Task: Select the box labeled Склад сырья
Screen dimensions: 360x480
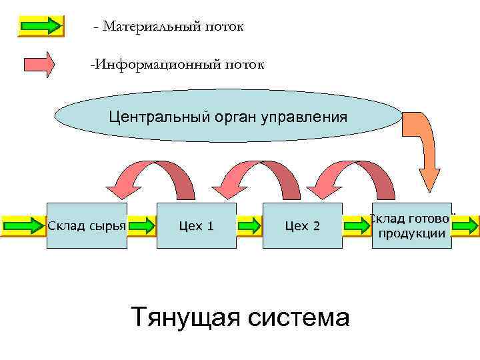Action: tap(87, 226)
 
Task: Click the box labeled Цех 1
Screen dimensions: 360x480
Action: tap(197, 226)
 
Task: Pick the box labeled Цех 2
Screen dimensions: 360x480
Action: tap(302, 226)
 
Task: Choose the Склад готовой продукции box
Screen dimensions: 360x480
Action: tap(411, 226)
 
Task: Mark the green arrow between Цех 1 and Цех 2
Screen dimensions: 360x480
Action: tap(249, 226)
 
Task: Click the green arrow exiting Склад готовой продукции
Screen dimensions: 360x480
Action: tap(467, 226)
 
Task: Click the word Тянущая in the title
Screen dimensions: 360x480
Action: tap(185, 316)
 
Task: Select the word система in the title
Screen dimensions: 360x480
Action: tap(298, 316)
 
